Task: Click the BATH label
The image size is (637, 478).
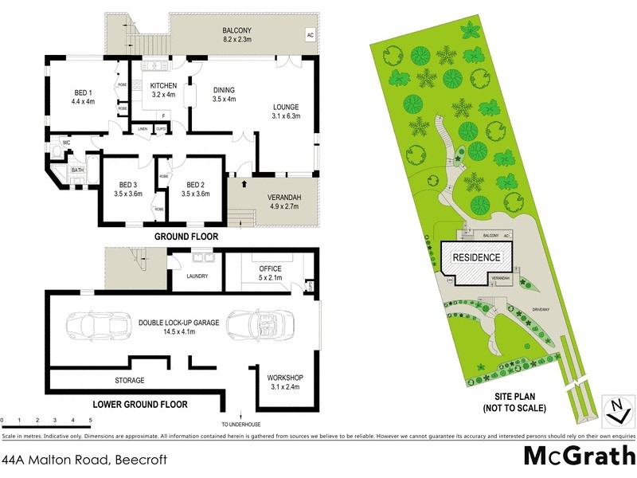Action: pyautogui.click(x=77, y=170)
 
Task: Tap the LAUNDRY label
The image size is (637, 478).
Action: pyautogui.click(x=197, y=276)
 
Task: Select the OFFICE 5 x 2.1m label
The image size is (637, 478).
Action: pyautogui.click(x=271, y=273)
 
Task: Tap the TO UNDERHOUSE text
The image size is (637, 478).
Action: pyautogui.click(x=241, y=423)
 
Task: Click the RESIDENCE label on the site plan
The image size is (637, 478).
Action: pyautogui.click(x=477, y=257)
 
